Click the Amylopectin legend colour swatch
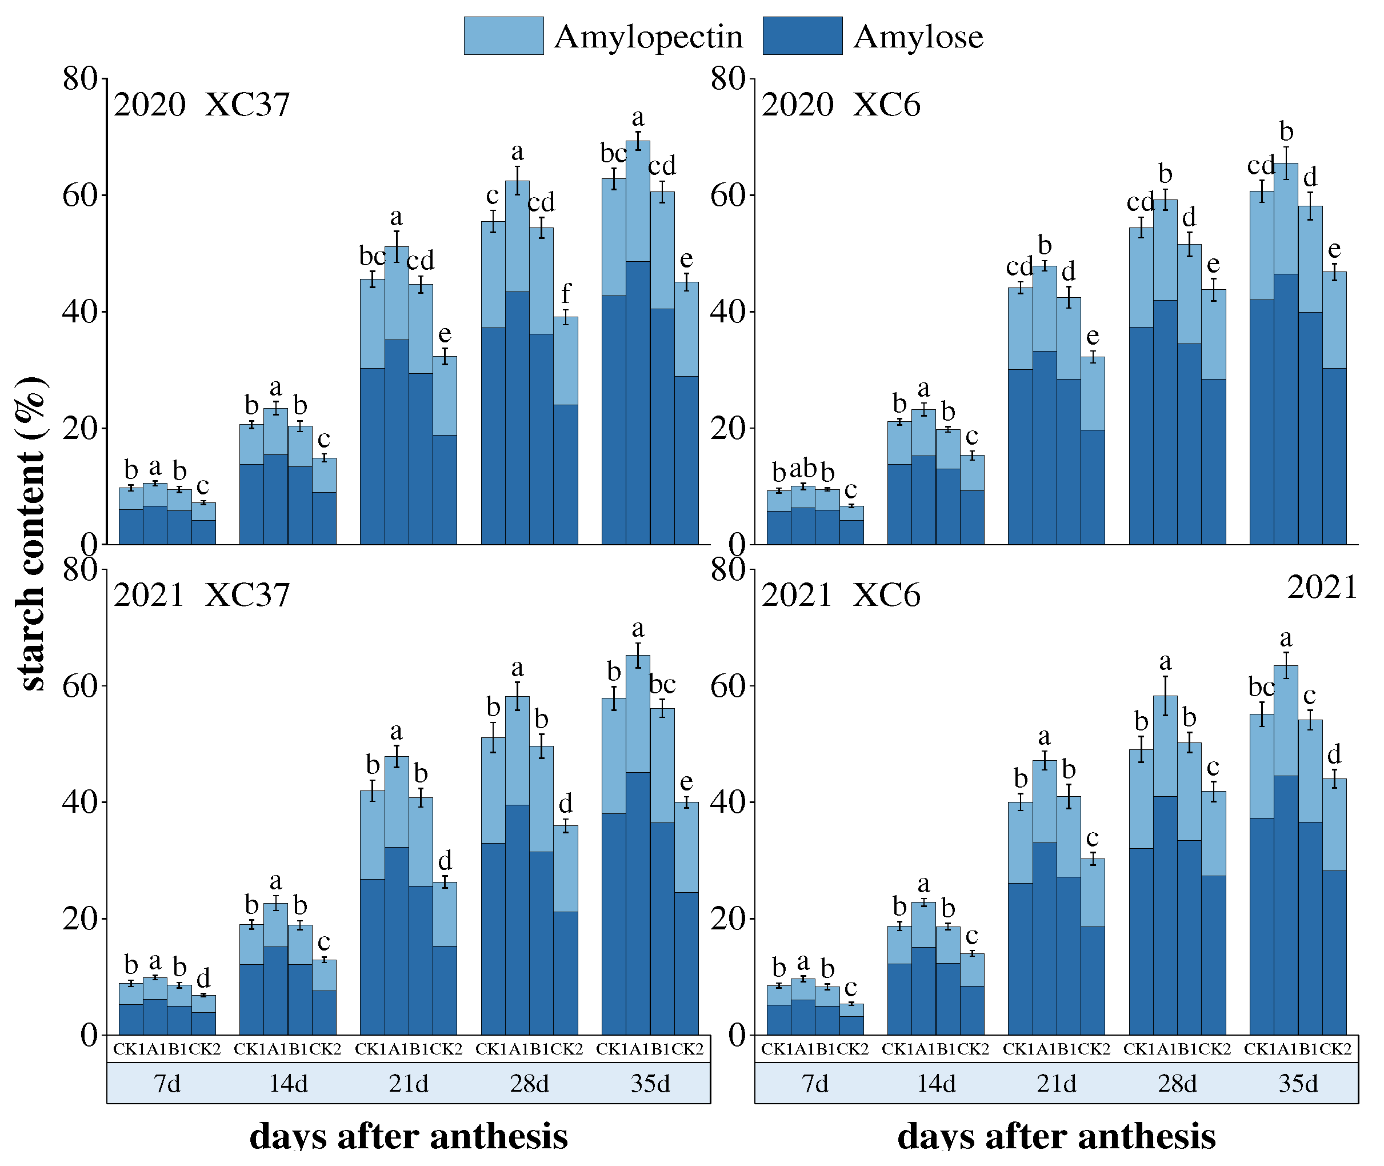tap(503, 35)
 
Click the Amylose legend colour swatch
tap(802, 35)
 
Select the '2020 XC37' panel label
tap(202, 105)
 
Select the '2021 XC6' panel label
tap(840, 595)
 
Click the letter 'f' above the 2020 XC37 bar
tap(566, 293)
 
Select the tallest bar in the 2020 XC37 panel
tap(638, 344)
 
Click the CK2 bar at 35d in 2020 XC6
tap(1334, 410)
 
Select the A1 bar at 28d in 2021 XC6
tap(1165, 866)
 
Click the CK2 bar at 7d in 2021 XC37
tap(203, 1015)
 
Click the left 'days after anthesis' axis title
tap(409, 1136)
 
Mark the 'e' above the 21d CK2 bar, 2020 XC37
tap(445, 334)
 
